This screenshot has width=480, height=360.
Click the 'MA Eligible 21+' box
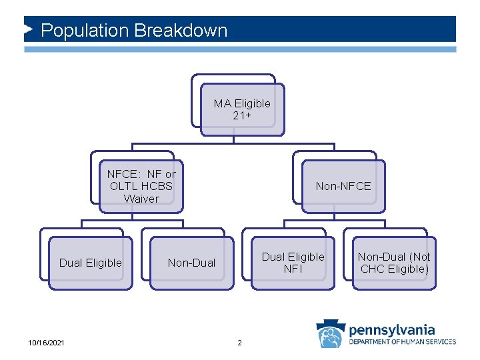pos(242,109)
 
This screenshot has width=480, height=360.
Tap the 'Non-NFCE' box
pos(343,187)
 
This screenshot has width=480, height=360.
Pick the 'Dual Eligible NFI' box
pos(293,263)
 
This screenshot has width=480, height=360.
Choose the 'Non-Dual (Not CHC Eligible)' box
pos(394,263)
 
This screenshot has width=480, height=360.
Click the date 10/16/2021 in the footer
pos(47,343)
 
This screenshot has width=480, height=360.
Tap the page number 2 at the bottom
pos(240,343)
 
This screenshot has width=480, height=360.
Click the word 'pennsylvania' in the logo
pos(392,329)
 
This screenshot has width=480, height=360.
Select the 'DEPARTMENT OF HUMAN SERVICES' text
pos(403,342)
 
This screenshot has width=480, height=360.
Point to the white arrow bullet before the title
pos(28,30)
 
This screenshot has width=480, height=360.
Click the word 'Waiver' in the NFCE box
pos(141,199)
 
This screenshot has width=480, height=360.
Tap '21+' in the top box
pos(242,115)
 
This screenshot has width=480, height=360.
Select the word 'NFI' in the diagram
pos(293,269)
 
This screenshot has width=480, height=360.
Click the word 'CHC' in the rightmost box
pos(375,269)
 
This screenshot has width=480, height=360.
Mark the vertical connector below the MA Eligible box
pos(233,139)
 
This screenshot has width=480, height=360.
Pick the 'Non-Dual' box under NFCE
pos(191,263)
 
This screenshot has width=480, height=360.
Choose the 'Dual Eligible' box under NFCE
pos(91,263)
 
